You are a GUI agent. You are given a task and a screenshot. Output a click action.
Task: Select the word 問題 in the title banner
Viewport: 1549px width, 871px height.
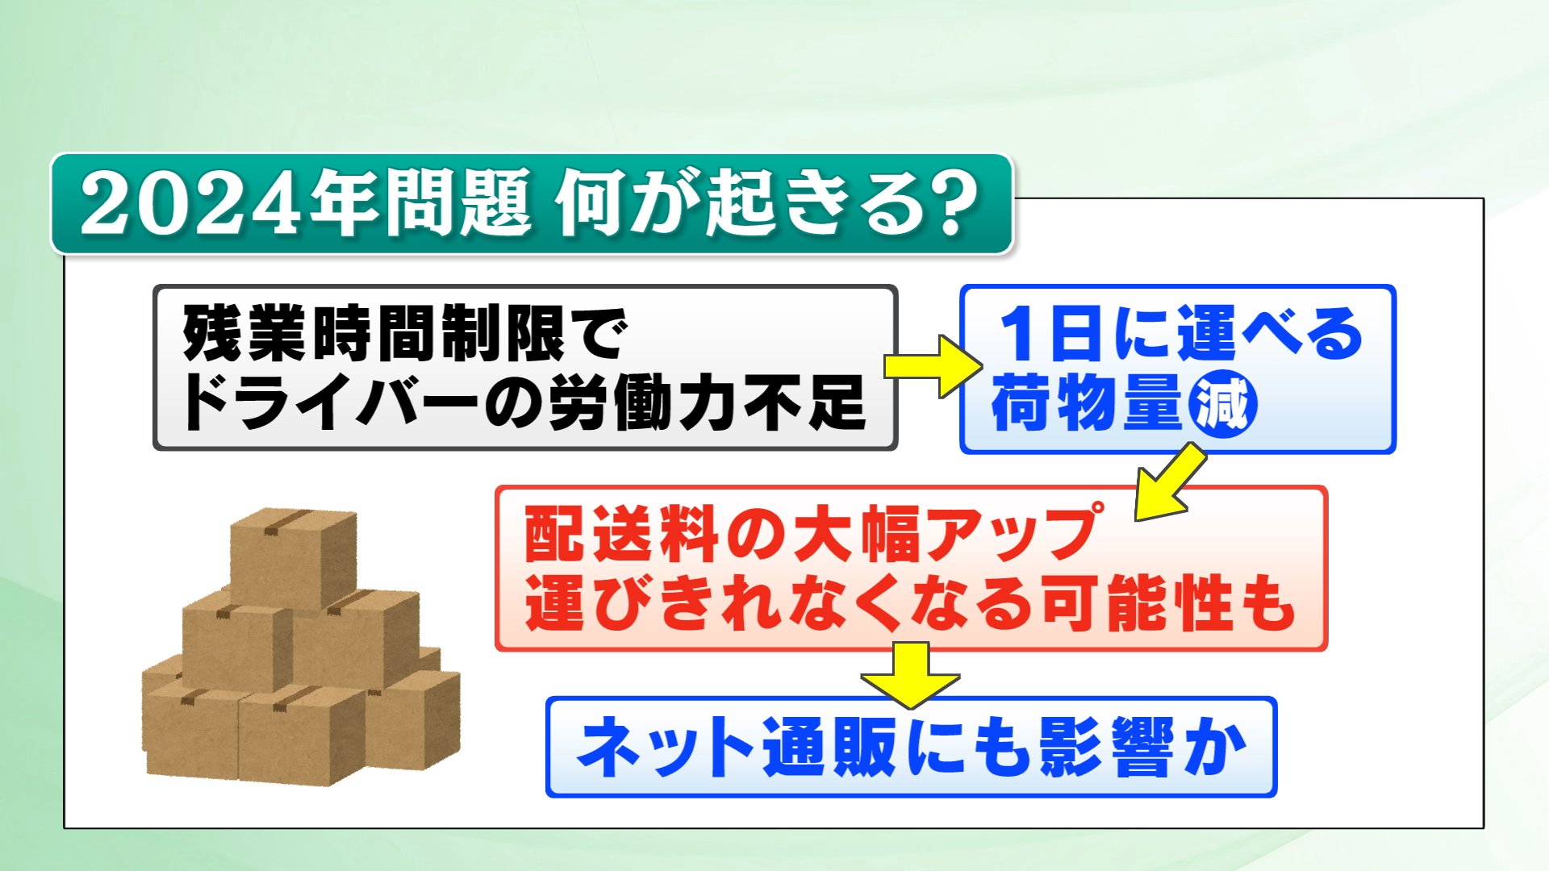(x=456, y=203)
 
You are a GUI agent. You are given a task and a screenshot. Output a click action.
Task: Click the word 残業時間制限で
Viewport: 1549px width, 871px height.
(x=404, y=333)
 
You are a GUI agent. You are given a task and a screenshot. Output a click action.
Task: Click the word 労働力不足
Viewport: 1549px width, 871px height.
(x=708, y=402)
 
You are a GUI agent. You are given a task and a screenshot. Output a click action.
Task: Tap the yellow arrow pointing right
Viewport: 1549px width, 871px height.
(x=932, y=366)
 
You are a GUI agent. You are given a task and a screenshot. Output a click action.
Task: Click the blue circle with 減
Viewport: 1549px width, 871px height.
(x=1222, y=404)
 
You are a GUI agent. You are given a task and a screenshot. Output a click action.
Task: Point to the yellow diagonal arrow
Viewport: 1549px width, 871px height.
(x=1170, y=482)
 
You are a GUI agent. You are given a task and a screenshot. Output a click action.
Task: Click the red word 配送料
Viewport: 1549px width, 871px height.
(x=620, y=534)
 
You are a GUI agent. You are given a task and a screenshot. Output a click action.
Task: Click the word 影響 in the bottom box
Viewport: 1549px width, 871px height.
(x=1105, y=748)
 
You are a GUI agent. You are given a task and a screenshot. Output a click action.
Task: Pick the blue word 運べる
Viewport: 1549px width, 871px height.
(x=1270, y=334)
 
